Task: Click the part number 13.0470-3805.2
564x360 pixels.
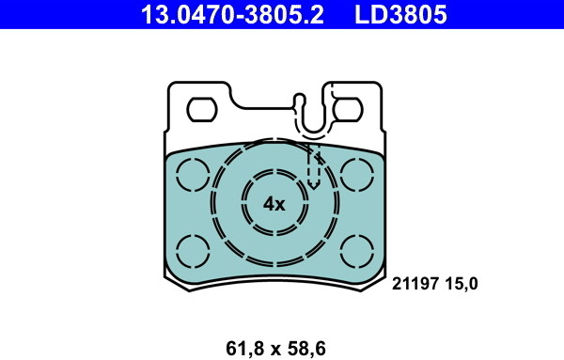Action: tap(232, 14)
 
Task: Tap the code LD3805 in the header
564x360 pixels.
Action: tap(400, 14)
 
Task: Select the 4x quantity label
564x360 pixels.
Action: tap(274, 204)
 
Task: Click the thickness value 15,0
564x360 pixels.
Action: tap(462, 284)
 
